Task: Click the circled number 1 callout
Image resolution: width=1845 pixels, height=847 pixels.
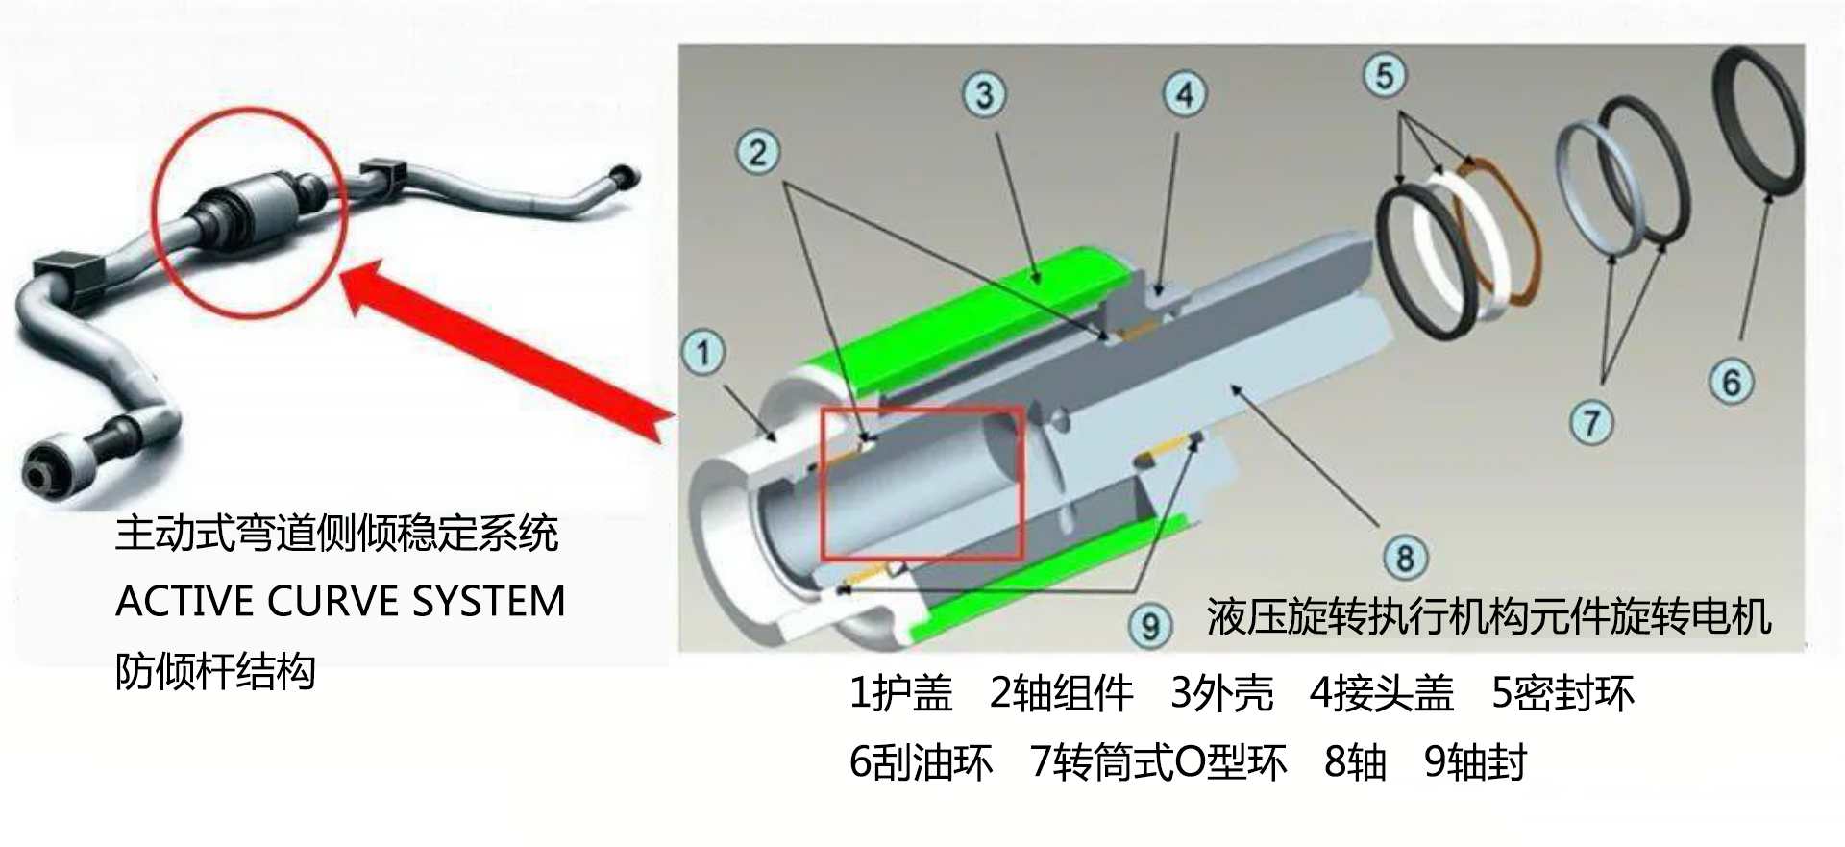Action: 703,352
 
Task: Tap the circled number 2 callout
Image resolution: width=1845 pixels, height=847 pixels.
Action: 757,153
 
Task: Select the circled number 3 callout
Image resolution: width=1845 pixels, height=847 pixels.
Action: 984,95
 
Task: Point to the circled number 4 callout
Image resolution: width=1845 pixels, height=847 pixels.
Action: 1184,94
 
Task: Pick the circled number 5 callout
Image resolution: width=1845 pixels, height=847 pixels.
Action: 1385,75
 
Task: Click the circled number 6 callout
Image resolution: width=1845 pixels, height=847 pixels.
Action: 1731,382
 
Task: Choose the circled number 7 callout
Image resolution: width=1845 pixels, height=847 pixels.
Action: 1591,422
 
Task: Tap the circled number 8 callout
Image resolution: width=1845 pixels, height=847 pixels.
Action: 1405,557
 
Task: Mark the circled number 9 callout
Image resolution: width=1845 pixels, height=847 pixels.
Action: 1150,626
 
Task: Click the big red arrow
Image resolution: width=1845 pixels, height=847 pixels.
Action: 500,346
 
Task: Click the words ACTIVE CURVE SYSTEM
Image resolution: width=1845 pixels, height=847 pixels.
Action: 340,602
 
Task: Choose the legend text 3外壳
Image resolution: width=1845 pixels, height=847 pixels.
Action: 1221,693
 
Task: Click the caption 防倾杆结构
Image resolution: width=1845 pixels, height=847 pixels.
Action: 215,671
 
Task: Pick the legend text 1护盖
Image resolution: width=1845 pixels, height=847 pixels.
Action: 900,693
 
